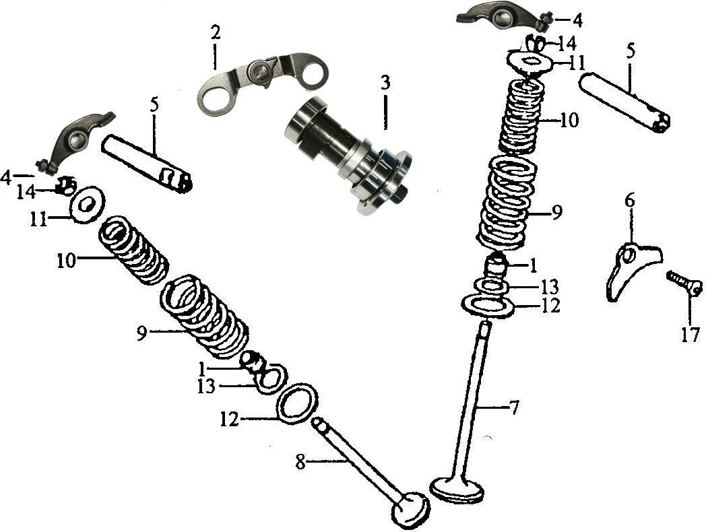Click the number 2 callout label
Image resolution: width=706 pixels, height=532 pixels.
215,32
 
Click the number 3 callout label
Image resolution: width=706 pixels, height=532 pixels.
385,83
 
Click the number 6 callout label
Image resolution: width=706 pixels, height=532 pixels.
629,200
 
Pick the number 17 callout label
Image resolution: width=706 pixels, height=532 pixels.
691,335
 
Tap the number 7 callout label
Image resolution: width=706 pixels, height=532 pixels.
514,407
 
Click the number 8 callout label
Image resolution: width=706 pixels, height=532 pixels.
300,462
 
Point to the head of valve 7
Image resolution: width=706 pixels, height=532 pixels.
458,490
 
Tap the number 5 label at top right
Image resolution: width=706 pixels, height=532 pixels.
631,52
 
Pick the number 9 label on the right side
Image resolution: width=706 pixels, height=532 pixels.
556,212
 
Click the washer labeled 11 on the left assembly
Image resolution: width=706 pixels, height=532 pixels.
88,204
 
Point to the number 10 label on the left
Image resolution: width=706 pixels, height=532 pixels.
67,261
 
